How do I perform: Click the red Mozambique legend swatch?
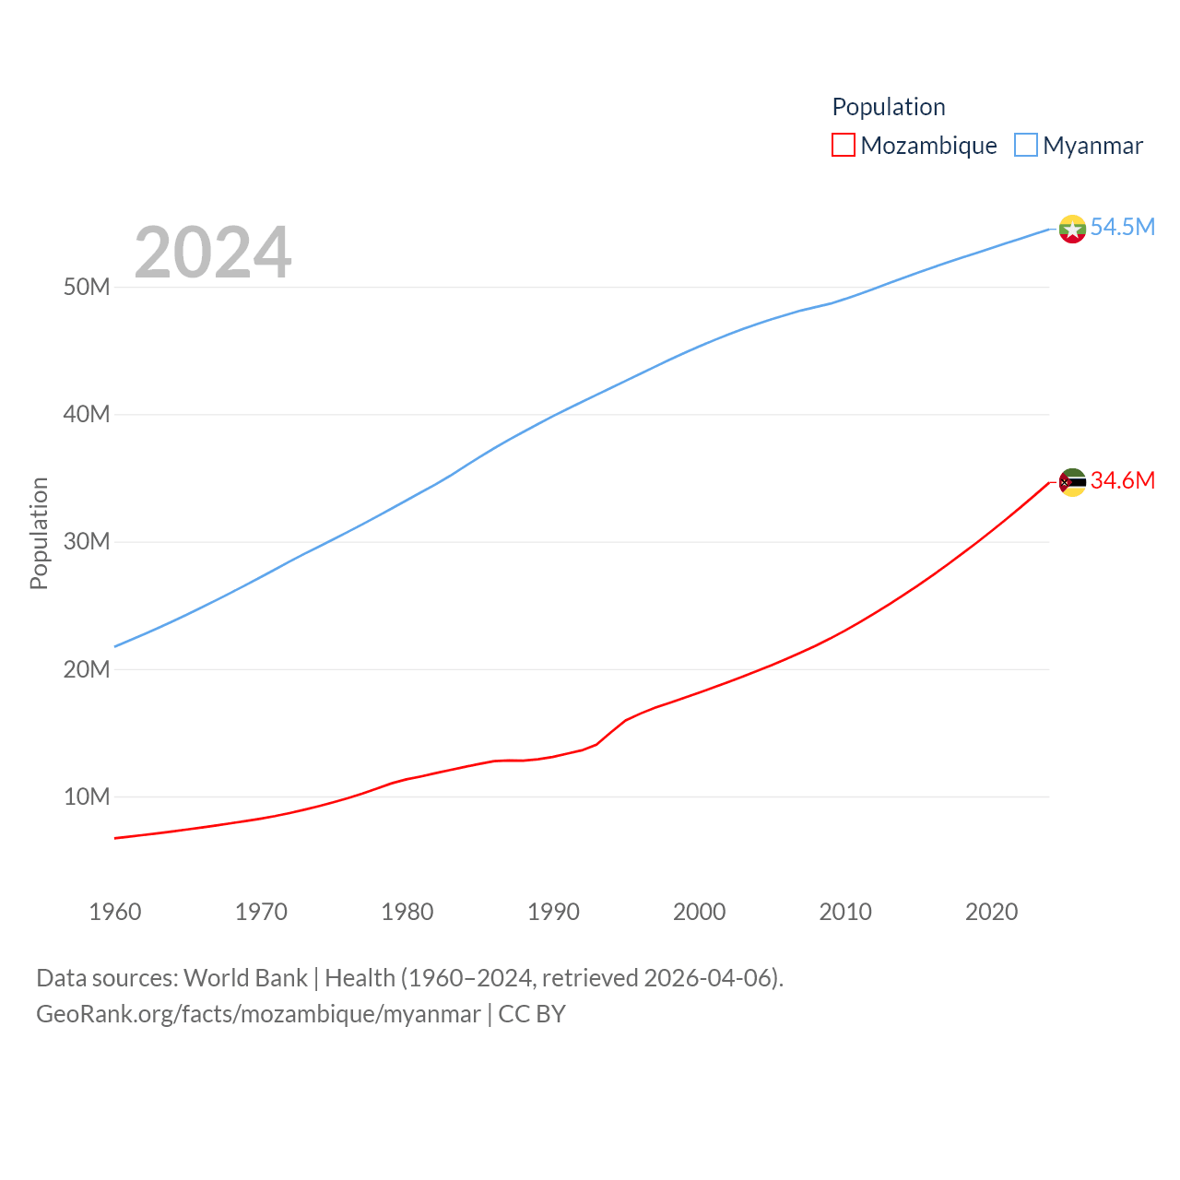843,146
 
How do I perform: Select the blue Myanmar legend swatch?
1025,146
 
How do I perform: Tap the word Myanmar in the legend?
1092,146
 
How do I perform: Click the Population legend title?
889,107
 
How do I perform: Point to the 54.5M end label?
1122,227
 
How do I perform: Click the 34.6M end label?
1122,480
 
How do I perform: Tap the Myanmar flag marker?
1072,229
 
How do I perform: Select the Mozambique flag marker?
1072,482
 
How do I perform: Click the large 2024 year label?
213,253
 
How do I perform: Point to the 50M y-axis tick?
87,288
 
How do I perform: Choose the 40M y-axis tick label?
87,415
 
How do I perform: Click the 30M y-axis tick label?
87,542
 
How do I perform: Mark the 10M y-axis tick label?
87,796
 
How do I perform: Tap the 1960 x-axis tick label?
115,912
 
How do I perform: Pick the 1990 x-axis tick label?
553,912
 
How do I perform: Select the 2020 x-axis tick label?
991,912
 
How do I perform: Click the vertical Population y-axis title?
39,533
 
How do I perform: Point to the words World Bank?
245,978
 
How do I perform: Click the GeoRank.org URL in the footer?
258,1014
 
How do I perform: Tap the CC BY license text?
532,1014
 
